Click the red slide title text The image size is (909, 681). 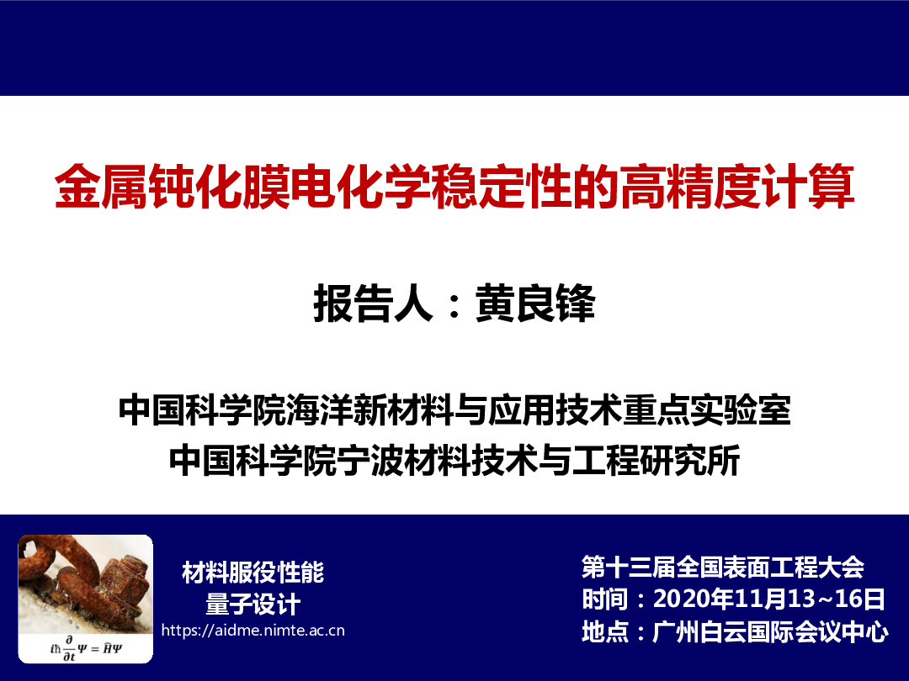(x=454, y=187)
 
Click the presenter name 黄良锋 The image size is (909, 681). (x=535, y=303)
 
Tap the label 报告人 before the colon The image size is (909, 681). (x=374, y=303)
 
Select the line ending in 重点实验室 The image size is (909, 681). (x=454, y=409)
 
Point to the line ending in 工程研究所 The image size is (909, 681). (x=454, y=460)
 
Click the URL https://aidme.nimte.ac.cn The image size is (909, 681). (x=252, y=630)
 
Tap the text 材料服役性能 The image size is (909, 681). (x=252, y=573)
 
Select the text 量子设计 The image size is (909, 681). (x=252, y=604)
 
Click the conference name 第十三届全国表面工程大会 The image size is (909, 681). (x=723, y=567)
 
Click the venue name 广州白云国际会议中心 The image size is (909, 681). (x=770, y=631)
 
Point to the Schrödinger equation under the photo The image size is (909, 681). (x=86, y=648)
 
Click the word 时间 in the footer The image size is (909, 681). (x=605, y=599)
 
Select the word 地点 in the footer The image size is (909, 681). (x=605, y=631)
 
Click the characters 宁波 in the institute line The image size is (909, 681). (x=371, y=460)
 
